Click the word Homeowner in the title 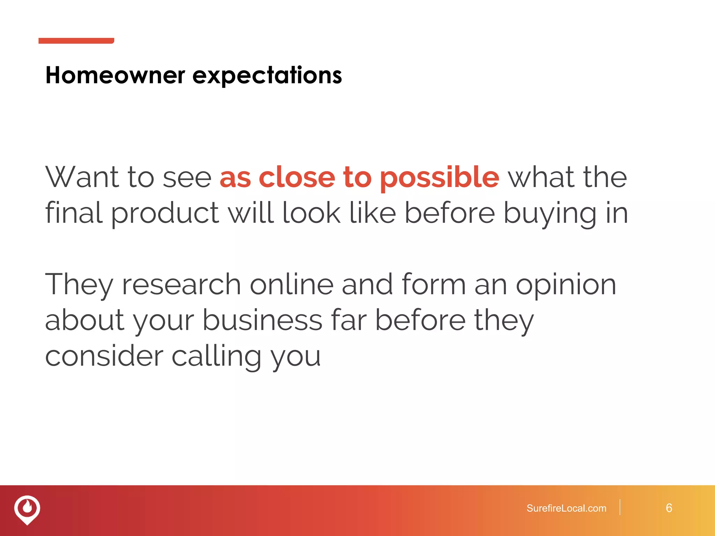tap(115, 75)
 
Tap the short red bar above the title tap(76, 41)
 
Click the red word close tap(297, 177)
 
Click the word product tap(165, 214)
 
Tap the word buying tap(550, 214)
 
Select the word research tap(181, 285)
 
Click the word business tap(262, 320)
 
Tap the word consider tap(104, 356)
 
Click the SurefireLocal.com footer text tap(566, 508)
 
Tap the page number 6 tap(669, 508)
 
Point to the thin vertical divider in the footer tap(620, 507)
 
